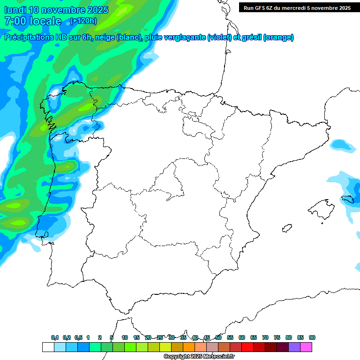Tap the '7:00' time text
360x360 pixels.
coord(15,21)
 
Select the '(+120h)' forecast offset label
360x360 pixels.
coord(83,21)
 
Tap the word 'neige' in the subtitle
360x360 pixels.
coord(105,37)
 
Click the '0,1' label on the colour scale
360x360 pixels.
coord(55,337)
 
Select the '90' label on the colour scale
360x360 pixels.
coord(312,337)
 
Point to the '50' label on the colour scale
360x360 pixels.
coord(218,337)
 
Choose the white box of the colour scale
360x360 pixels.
coord(48,347)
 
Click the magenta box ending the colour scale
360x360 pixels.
coord(306,347)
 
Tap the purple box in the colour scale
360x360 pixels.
coord(294,347)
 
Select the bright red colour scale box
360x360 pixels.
coord(247,347)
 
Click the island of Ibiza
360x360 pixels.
coord(286,229)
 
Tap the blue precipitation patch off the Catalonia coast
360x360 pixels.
coord(342,145)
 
